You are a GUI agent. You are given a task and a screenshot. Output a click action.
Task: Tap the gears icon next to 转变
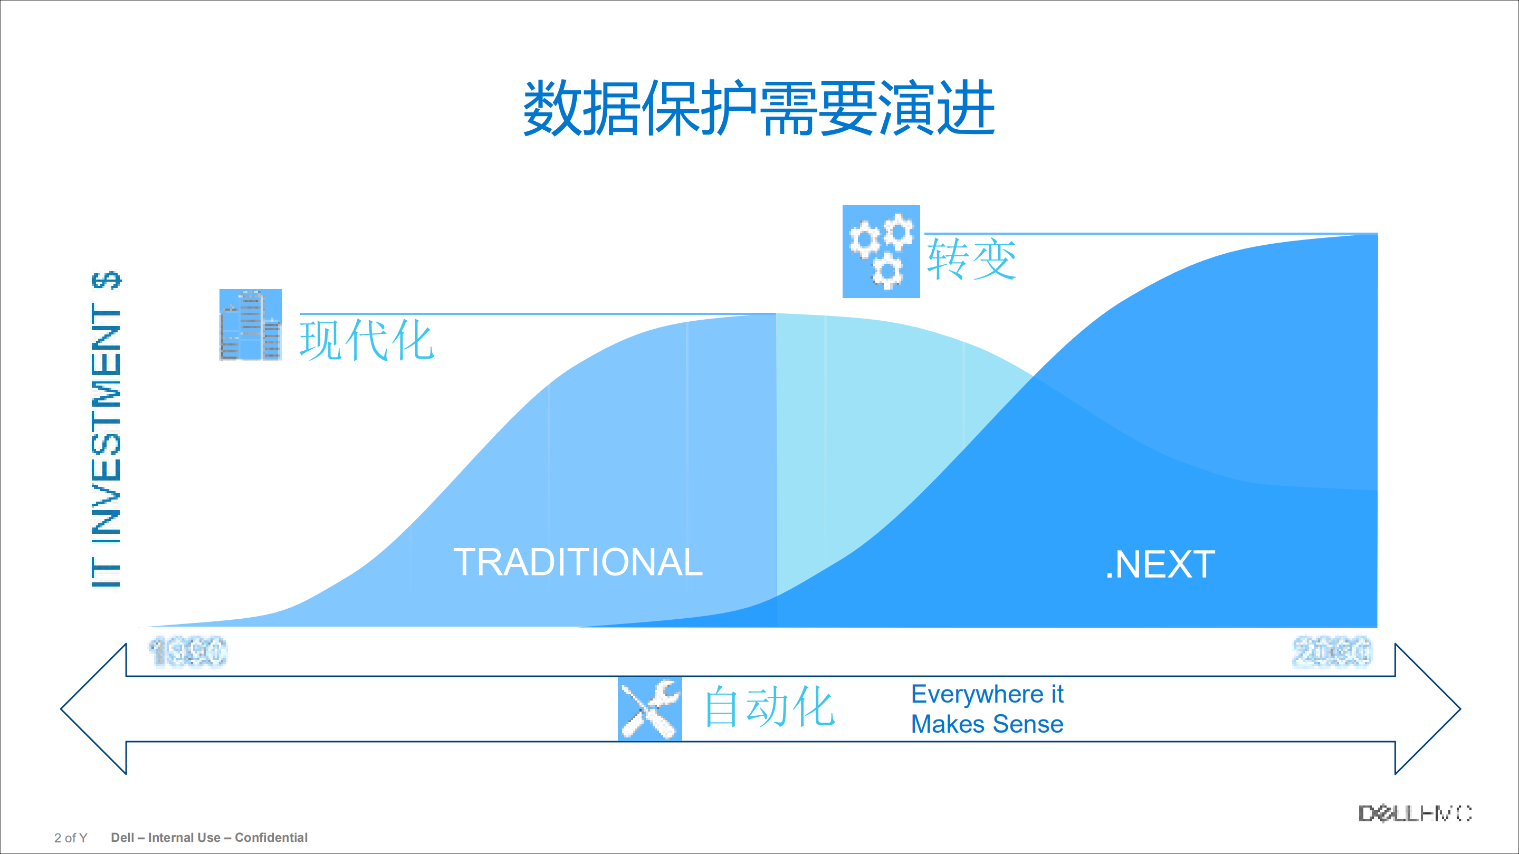881,251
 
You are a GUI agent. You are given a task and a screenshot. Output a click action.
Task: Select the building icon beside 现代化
251,325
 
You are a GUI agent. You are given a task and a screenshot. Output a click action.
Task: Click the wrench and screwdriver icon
650,708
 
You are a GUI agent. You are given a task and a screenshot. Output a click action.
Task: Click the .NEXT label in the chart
1160,564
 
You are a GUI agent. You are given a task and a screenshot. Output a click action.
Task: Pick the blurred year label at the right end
1332,651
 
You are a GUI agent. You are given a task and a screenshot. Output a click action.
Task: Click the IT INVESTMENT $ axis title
106,430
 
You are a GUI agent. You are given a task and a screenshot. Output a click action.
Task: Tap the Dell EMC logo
1415,814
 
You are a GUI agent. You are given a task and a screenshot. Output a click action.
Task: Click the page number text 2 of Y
71,838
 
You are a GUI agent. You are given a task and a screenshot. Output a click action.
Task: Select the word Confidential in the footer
271,838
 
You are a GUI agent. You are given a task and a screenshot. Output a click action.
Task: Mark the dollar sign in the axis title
106,281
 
